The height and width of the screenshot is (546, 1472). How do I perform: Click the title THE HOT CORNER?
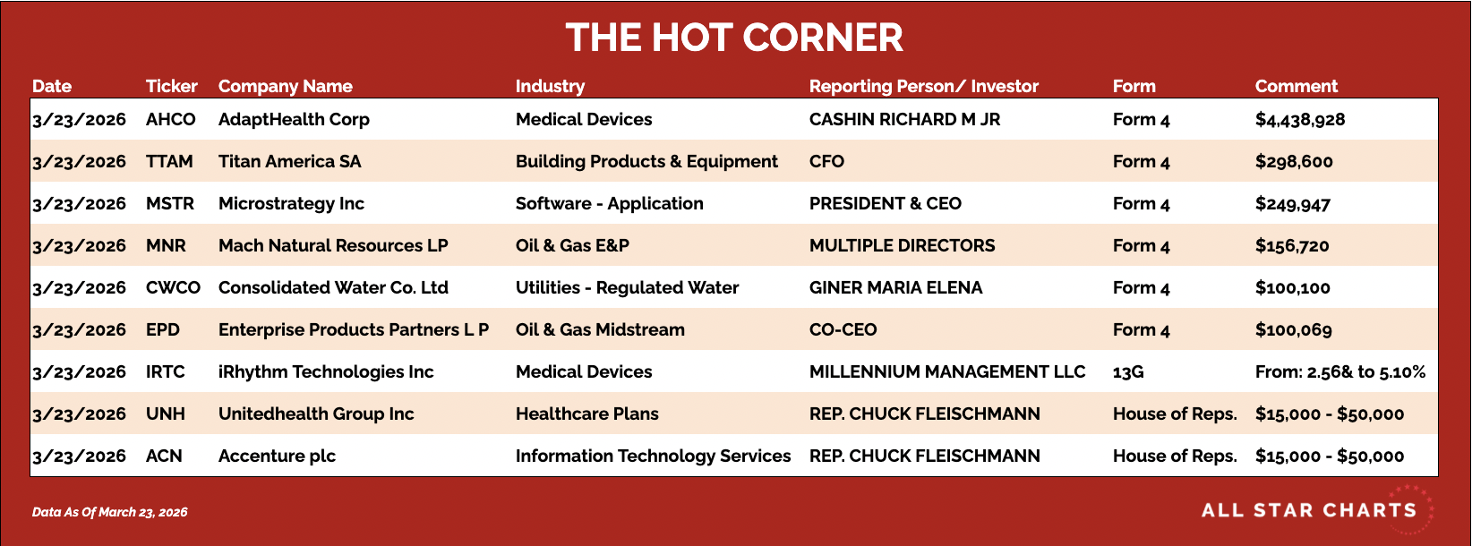point(734,38)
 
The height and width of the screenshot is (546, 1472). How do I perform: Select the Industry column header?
point(550,86)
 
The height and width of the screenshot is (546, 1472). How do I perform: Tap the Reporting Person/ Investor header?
point(923,86)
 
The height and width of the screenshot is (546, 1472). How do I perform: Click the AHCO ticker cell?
point(171,120)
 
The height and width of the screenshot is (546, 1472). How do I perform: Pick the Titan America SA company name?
point(290,162)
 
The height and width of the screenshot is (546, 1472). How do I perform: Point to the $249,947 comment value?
point(1293,204)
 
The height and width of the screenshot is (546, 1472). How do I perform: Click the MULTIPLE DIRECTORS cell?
point(903,246)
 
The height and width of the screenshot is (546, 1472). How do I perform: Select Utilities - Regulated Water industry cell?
point(627,288)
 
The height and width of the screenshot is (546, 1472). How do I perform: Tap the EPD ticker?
point(163,329)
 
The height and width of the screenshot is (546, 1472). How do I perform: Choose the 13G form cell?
point(1128,371)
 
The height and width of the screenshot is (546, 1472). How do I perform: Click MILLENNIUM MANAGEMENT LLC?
point(947,371)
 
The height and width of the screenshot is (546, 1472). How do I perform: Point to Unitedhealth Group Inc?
point(316,414)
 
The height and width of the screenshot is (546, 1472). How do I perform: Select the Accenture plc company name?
point(277,456)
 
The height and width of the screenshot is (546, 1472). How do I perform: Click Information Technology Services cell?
point(654,456)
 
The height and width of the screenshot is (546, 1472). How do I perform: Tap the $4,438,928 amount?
point(1300,120)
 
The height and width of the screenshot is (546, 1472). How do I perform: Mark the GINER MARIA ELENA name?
point(895,288)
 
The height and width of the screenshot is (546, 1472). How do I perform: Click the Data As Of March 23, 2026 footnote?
point(110,512)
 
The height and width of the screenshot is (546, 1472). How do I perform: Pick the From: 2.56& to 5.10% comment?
point(1339,371)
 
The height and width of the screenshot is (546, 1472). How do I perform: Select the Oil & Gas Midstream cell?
point(600,329)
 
